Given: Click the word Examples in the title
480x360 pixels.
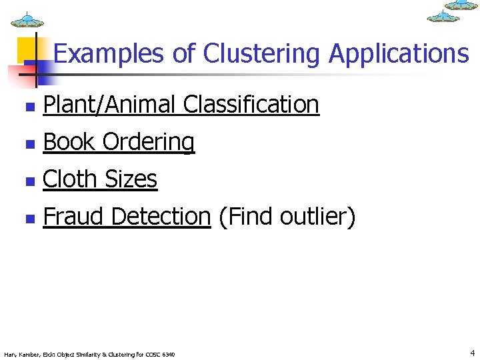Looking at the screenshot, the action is (109, 53).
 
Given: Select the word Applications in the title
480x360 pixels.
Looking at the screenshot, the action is (399, 53).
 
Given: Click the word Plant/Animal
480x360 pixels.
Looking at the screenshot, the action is (109, 105).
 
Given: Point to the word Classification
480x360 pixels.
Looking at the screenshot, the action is (251, 105).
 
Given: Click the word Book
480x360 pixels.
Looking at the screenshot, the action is (69, 141).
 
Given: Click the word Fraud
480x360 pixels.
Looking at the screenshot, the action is (73, 216).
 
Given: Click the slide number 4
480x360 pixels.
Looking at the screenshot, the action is (472, 353).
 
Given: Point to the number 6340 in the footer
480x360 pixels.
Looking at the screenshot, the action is (169, 354).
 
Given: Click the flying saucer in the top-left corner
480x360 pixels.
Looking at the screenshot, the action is (27, 19).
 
